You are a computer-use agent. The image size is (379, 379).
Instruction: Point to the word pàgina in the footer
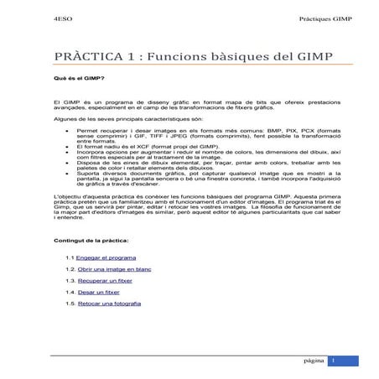[x=314, y=361]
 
